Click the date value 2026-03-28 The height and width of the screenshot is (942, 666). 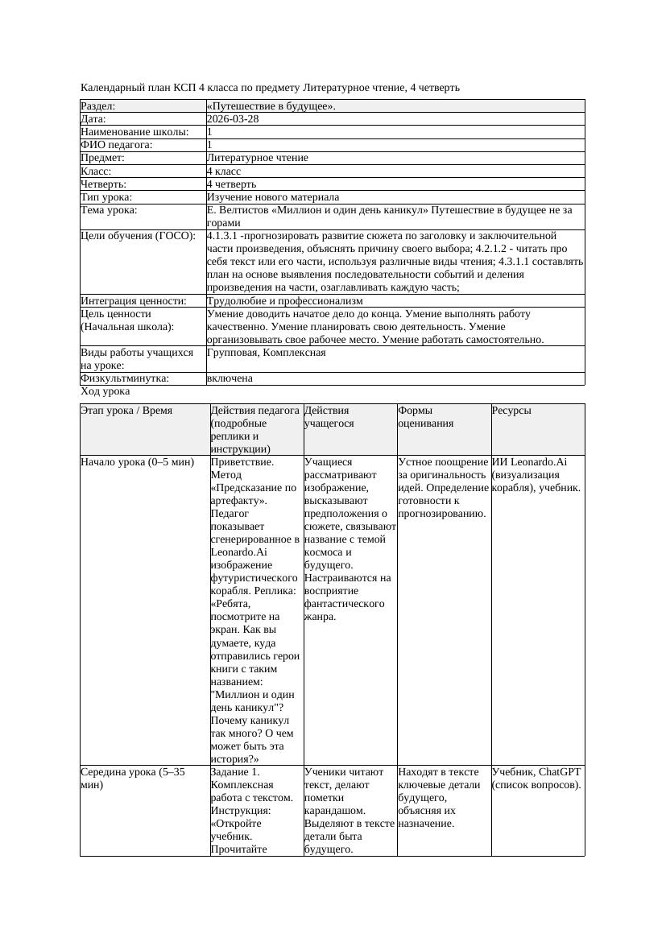pyautogui.click(x=233, y=119)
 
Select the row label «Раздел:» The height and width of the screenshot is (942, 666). pyautogui.click(x=98, y=106)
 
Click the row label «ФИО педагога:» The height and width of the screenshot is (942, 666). pyautogui.click(x=117, y=145)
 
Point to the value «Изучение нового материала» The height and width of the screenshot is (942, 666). pyautogui.click(x=273, y=197)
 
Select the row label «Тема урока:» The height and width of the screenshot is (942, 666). pyautogui.click(x=110, y=210)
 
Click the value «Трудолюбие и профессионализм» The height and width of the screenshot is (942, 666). pyautogui.click(x=284, y=301)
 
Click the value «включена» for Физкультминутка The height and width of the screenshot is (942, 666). pyautogui.click(x=230, y=378)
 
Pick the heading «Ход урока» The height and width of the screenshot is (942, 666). pyautogui.click(x=105, y=391)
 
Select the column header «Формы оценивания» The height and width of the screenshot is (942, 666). pyautogui.click(x=425, y=416)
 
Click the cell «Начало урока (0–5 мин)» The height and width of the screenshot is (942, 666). pyautogui.click(x=138, y=462)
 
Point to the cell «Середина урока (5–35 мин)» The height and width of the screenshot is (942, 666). pyautogui.click(x=133, y=778)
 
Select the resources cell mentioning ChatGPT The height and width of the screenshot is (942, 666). pyautogui.click(x=536, y=778)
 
